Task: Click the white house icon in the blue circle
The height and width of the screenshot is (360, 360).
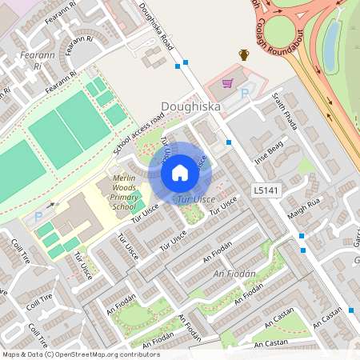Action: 180,172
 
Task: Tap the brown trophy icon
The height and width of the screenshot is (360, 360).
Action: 244,54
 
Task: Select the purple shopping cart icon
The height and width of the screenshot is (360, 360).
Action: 228,82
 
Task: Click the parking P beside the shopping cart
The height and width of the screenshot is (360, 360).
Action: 245,94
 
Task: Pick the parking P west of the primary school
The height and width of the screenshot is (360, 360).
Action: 38,217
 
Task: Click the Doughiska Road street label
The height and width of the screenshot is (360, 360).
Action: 166,30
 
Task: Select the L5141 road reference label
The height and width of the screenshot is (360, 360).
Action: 265,190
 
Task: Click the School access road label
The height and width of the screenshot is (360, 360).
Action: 138,132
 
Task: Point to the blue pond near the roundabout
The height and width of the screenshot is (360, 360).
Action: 330,44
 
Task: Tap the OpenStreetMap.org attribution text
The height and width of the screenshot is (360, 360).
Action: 106,354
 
